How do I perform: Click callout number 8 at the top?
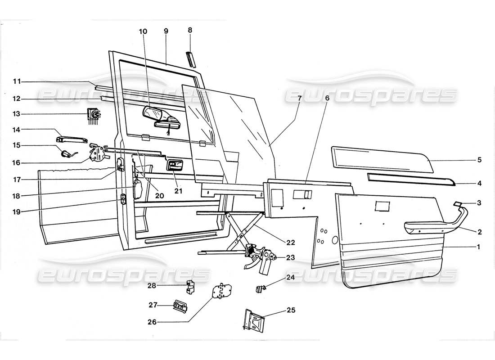[x=190, y=30]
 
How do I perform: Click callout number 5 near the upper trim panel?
[x=479, y=160]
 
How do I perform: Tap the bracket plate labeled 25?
[x=254, y=320]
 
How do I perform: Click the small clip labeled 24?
[x=260, y=287]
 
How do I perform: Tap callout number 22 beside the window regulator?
[x=291, y=243]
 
